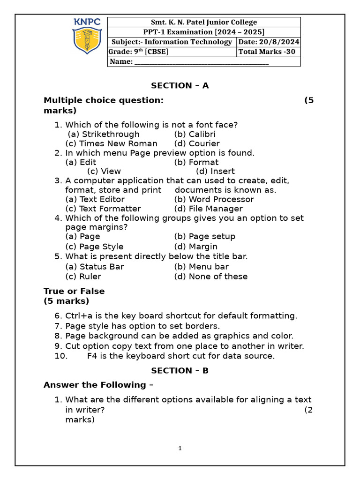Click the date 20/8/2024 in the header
(269, 42)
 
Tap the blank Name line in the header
(201, 62)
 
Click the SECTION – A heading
(180, 85)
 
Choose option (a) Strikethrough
(104, 134)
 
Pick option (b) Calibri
(195, 134)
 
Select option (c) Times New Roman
(112, 143)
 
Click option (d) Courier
(197, 143)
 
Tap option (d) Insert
(215, 171)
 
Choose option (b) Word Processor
(214, 199)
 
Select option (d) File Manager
(208, 209)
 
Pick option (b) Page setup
(205, 236)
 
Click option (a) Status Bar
(95, 267)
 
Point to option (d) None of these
(211, 277)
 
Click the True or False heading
(74, 291)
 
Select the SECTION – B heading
(180, 370)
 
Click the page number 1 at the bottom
(180, 449)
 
